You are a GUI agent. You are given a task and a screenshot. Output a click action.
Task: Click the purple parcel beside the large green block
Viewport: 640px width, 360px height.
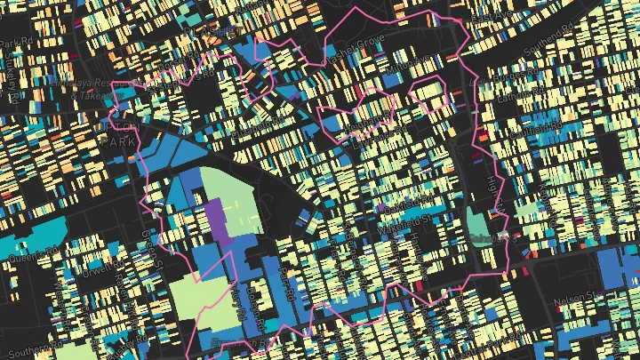click(215, 219)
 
